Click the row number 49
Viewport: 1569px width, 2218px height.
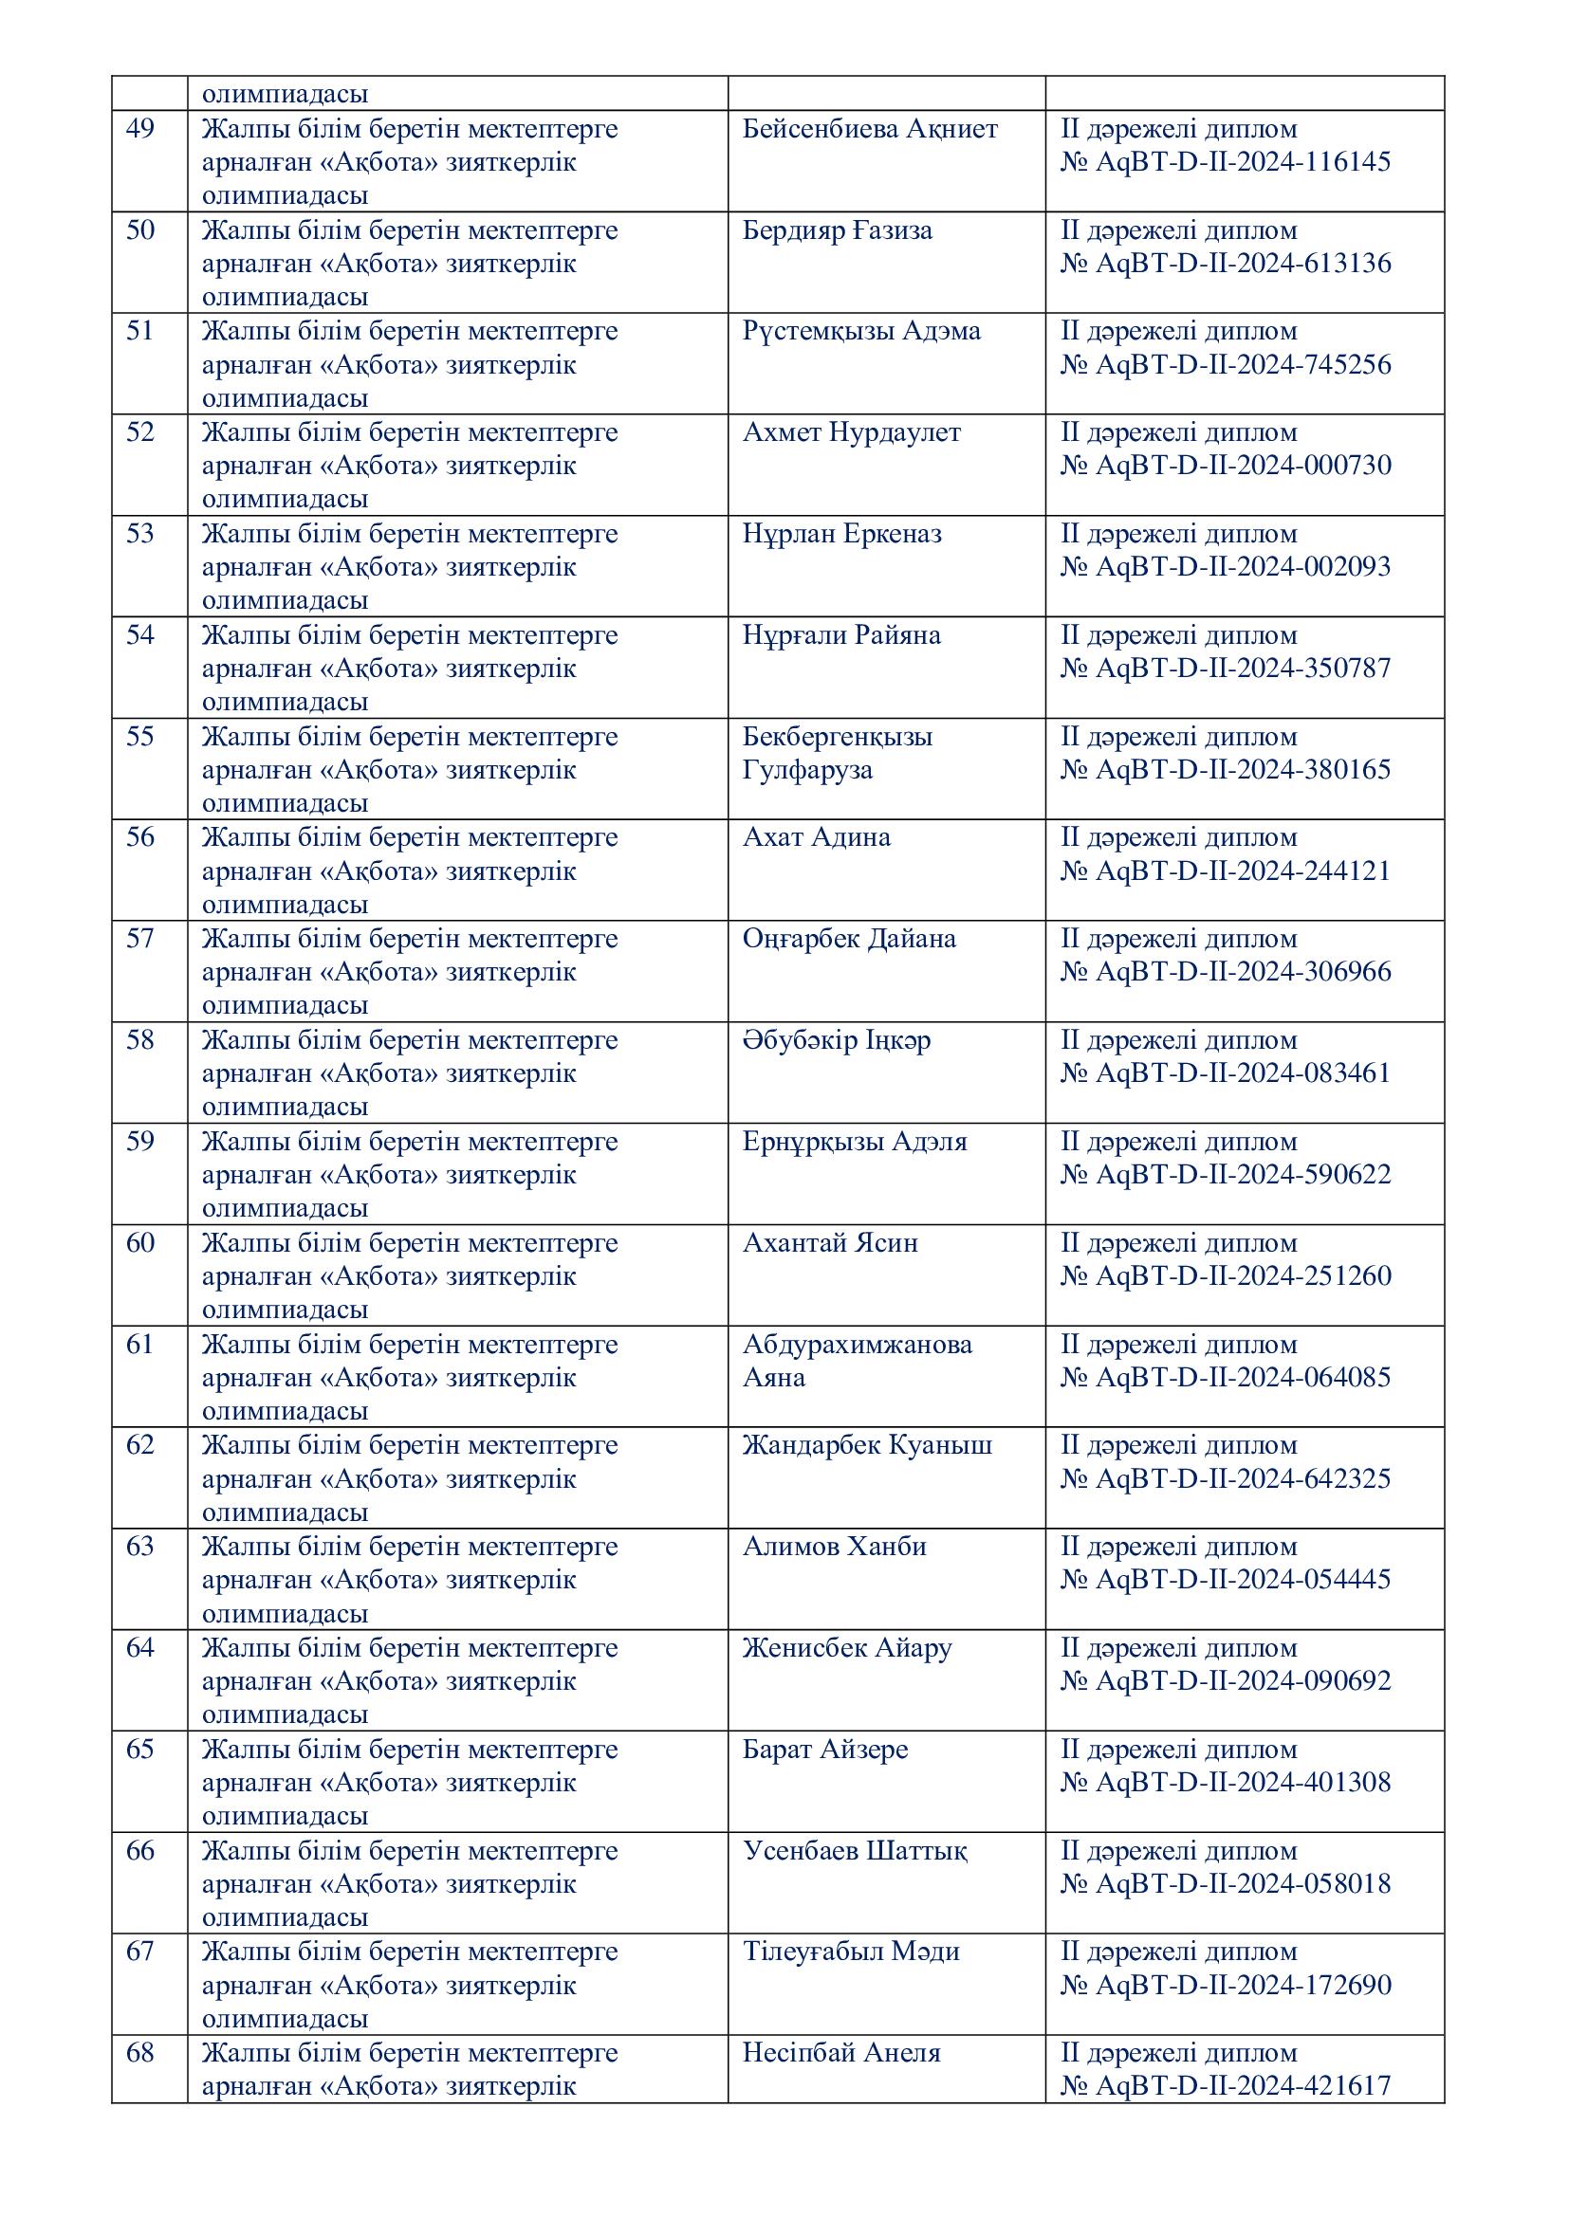pyautogui.click(x=140, y=128)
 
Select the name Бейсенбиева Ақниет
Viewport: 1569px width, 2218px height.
pyautogui.click(x=870, y=128)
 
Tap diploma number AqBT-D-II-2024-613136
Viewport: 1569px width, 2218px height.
pyautogui.click(x=1225, y=264)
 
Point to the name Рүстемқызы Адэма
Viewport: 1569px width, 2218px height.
pyautogui.click(x=860, y=331)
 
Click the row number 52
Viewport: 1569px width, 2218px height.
pyautogui.click(x=140, y=431)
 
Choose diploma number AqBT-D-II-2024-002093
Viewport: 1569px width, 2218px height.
pyautogui.click(x=1225, y=567)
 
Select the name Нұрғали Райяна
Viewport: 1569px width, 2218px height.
pyautogui.click(x=840, y=635)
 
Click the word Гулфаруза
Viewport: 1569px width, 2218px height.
pyautogui.click(x=806, y=770)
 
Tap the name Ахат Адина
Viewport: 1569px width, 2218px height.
pyautogui.click(x=816, y=837)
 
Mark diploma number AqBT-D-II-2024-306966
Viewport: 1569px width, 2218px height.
pyautogui.click(x=1225, y=972)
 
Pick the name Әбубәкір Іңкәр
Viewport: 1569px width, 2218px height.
pyautogui.click(x=836, y=1040)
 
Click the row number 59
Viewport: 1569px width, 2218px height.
pyautogui.click(x=140, y=1141)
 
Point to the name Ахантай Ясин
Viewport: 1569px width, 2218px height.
pyautogui.click(x=829, y=1242)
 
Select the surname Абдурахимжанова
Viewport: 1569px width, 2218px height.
pyautogui.click(x=857, y=1344)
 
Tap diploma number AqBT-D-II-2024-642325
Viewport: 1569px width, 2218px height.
pyautogui.click(x=1225, y=1478)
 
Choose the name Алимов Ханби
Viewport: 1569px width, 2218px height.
pyautogui.click(x=834, y=1547)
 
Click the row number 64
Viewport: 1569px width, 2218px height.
pyautogui.click(x=140, y=1647)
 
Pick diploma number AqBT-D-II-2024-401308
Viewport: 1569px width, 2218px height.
pyautogui.click(x=1225, y=1783)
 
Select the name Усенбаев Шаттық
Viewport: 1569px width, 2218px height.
pyautogui.click(x=854, y=1851)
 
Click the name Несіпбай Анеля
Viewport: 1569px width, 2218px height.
pyautogui.click(x=840, y=2053)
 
